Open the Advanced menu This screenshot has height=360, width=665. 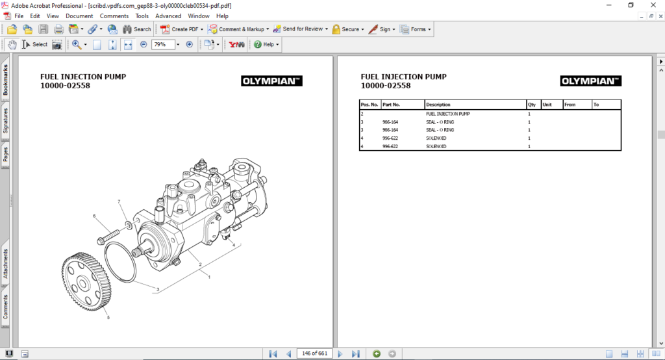pos(168,16)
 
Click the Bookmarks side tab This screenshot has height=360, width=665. pos(6,80)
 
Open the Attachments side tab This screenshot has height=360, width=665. pos(6,264)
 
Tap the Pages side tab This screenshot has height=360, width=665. pos(6,155)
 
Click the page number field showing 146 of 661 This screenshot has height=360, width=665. pos(314,354)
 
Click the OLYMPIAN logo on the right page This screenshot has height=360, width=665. pos(590,81)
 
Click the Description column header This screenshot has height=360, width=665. pos(438,105)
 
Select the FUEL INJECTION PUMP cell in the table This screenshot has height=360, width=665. pos(447,114)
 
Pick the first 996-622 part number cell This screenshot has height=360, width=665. pos(390,138)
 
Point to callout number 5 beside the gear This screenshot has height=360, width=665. pos(108,317)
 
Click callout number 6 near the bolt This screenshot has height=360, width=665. pos(94,216)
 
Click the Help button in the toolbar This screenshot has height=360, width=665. pos(267,45)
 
